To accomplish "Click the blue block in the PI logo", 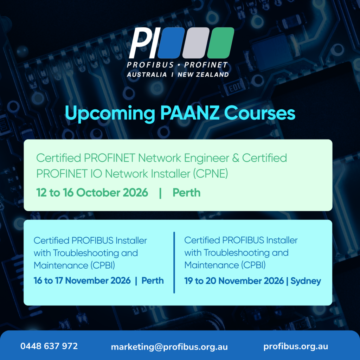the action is (171, 43).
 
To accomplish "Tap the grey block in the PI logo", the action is (196, 43).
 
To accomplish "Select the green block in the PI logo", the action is (221, 43).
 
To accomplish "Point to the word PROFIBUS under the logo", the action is (150, 65).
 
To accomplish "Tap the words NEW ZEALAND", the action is (203, 75).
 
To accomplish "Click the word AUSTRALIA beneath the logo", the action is (147, 75).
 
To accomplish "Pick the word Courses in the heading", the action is (260, 113).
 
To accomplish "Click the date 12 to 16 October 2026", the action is (92, 192).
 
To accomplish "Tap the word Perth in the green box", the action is (186, 192).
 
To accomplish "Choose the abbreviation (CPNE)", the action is (211, 174).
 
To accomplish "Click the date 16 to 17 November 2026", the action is (82, 281).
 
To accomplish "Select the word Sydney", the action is (306, 281).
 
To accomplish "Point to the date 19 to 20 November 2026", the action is (234, 281).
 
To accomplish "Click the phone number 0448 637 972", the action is (49, 346).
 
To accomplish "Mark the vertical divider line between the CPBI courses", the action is (174, 262).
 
